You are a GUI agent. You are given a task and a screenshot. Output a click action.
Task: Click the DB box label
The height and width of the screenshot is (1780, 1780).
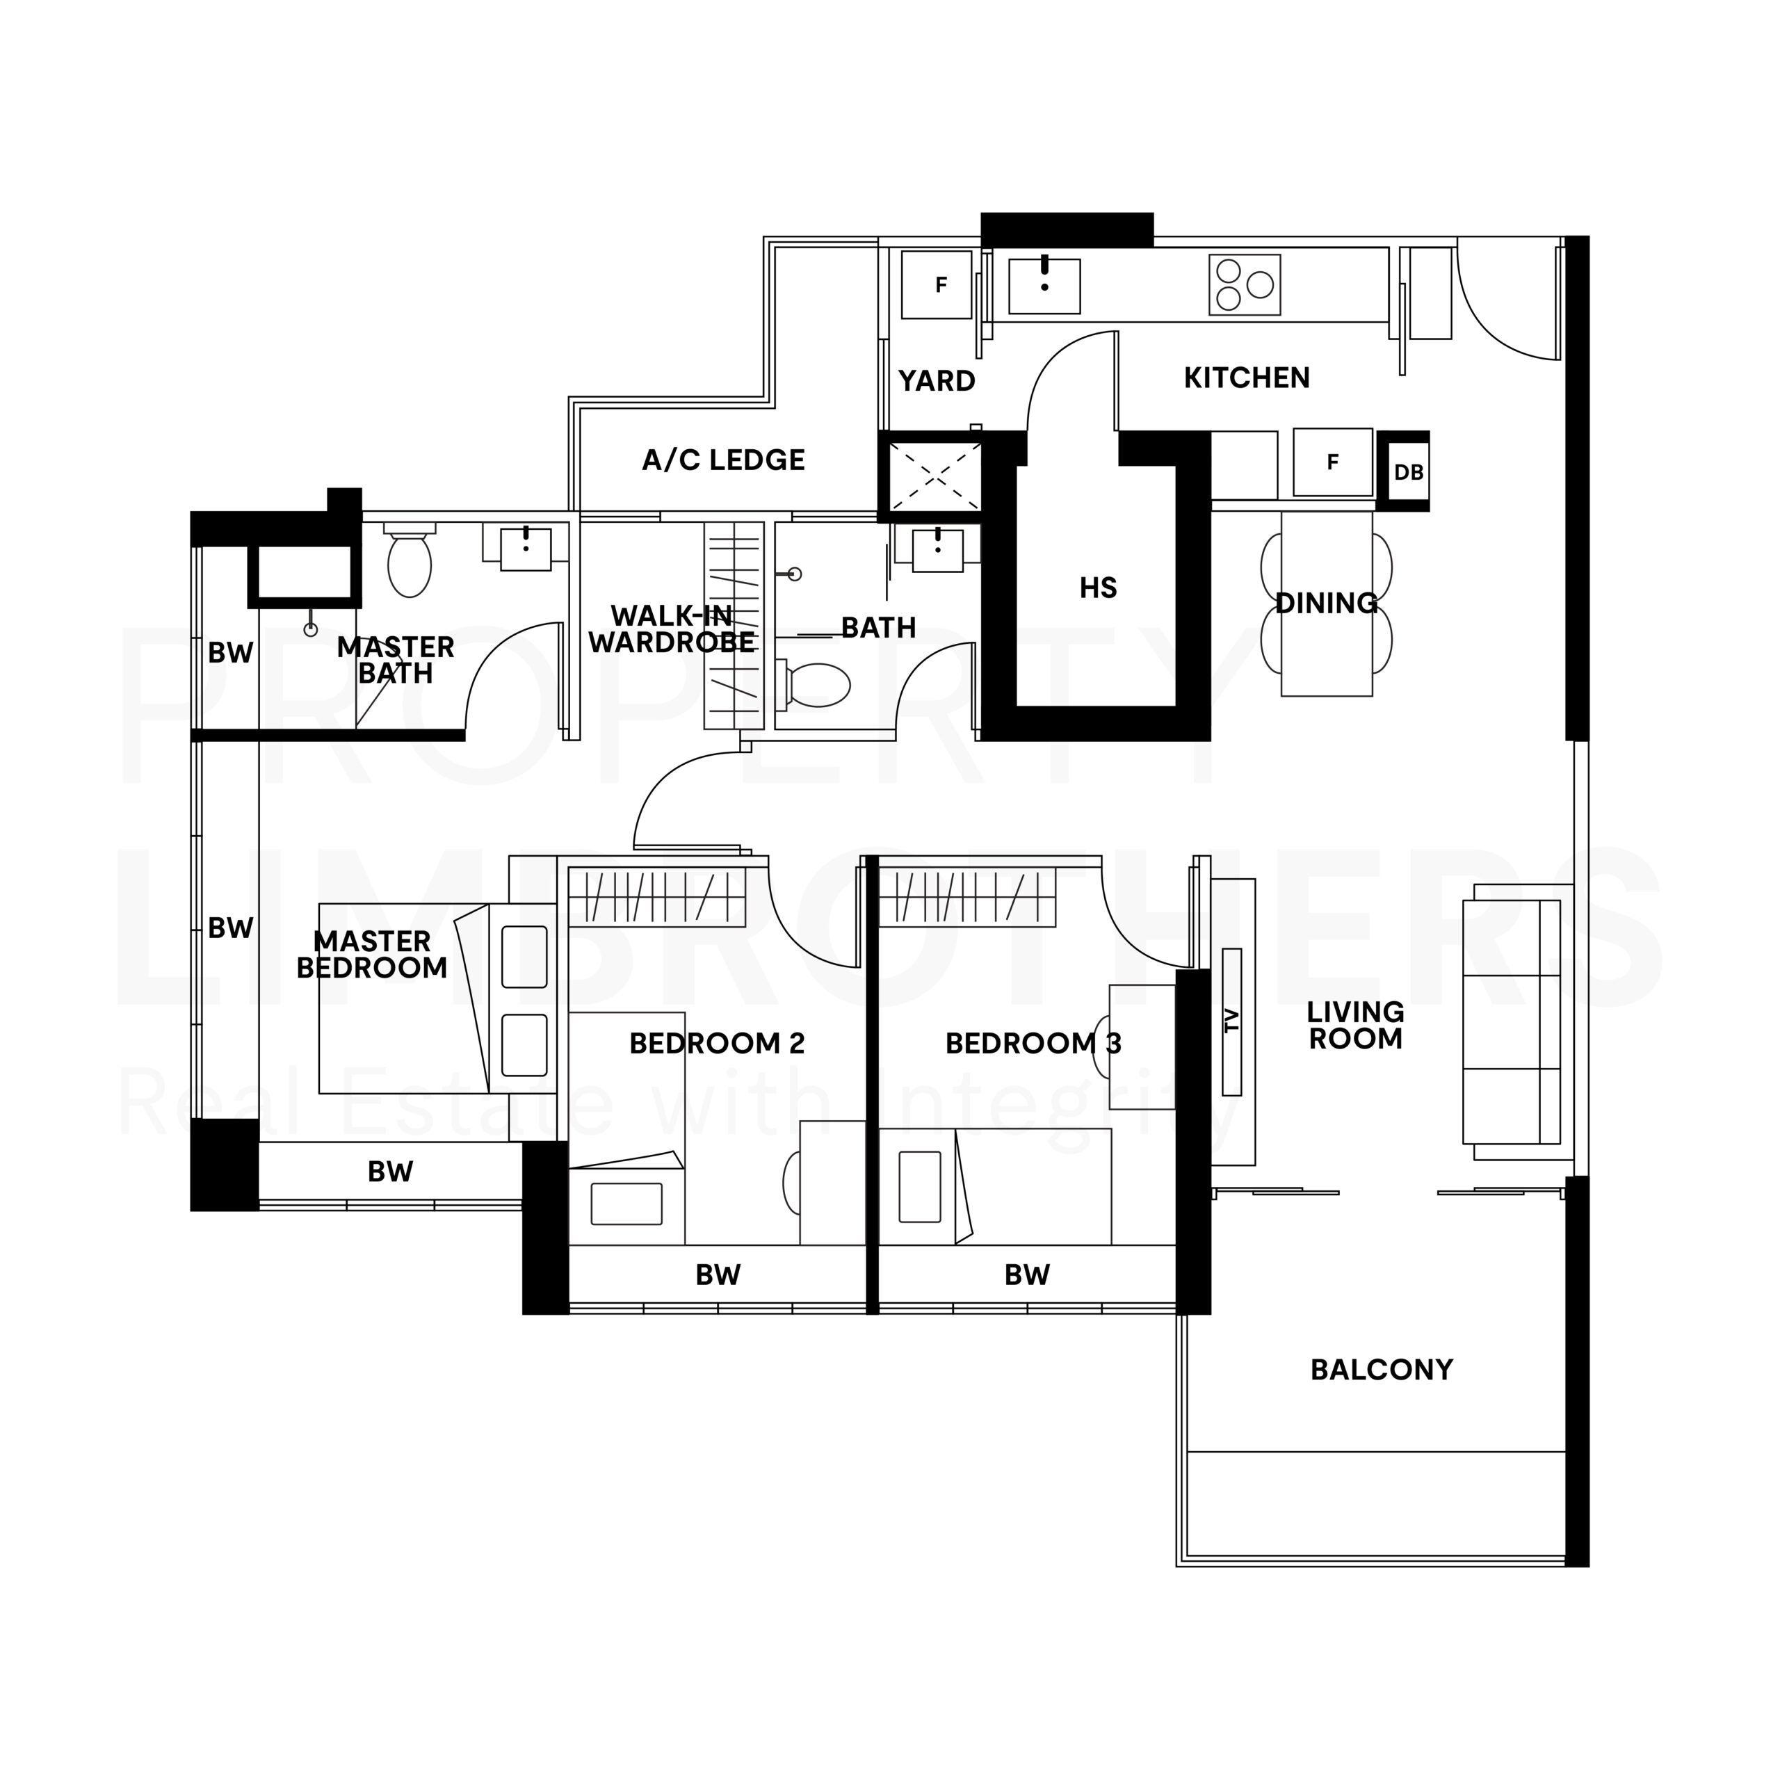point(1409,473)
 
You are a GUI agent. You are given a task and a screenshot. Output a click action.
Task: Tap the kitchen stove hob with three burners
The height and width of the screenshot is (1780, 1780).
point(1245,284)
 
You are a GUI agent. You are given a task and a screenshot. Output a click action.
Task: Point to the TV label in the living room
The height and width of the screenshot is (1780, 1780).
point(1232,1020)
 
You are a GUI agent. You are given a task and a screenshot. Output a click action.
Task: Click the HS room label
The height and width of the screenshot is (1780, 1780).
point(1098,588)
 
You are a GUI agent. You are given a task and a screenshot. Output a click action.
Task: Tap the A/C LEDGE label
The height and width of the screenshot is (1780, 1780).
point(723,460)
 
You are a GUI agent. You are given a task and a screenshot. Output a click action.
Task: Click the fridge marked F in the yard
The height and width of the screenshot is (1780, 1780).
point(936,284)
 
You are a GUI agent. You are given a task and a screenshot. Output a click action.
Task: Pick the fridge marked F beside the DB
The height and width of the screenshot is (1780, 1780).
point(1333,462)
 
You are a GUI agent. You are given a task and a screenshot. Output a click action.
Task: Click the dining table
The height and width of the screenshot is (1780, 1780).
point(1327,604)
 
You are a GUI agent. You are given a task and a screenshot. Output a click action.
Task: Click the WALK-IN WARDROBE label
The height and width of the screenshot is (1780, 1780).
point(672,629)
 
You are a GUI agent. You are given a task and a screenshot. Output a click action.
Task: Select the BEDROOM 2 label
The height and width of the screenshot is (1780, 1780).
point(717,1044)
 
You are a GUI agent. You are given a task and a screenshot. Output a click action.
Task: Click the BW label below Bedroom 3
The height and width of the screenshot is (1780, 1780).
point(1027,1275)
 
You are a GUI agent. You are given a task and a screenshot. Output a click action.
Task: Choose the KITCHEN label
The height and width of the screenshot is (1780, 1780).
point(1247,378)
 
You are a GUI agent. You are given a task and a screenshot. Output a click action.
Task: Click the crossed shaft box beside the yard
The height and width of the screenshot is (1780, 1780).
point(934,476)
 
